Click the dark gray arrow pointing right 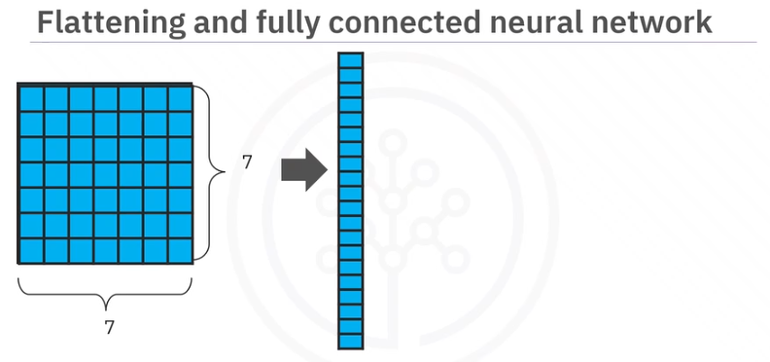pyautogui.click(x=301, y=172)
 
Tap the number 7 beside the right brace pyautogui.click(x=247, y=163)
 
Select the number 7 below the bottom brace pyautogui.click(x=109, y=328)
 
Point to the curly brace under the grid pyautogui.click(x=108, y=289)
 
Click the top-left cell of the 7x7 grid pyautogui.click(x=31, y=98)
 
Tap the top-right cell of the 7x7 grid pyautogui.click(x=182, y=98)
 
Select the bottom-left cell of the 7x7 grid pyautogui.click(x=31, y=249)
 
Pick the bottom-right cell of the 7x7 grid pyautogui.click(x=182, y=249)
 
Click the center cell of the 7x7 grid pyautogui.click(x=107, y=174)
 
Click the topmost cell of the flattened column pyautogui.click(x=350, y=59)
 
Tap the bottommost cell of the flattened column pyautogui.click(x=350, y=341)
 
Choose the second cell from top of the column pyautogui.click(x=350, y=74)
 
